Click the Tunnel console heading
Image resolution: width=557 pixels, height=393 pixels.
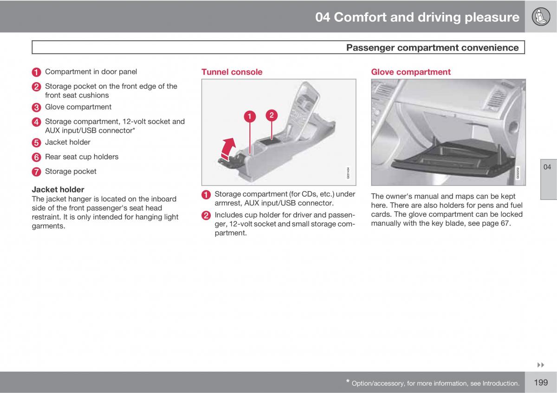[232, 72]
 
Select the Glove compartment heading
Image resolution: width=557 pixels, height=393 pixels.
[410, 72]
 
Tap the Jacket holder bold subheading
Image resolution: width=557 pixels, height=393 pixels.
[58, 189]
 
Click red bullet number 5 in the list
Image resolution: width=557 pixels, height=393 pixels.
[37, 143]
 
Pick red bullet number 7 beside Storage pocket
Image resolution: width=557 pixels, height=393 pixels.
[37, 172]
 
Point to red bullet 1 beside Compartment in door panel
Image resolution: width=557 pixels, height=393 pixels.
[37, 72]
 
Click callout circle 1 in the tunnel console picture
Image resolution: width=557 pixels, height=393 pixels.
[249, 116]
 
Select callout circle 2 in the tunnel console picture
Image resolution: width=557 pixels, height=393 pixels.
[272, 115]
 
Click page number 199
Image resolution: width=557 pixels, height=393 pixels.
[541, 383]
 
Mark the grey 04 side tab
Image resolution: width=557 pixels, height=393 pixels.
[548, 167]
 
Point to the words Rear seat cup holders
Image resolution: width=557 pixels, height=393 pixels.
[81, 157]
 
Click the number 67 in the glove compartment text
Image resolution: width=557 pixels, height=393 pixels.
[505, 223]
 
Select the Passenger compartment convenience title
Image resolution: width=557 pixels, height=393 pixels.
[432, 47]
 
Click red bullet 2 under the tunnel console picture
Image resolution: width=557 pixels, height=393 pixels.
[206, 215]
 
